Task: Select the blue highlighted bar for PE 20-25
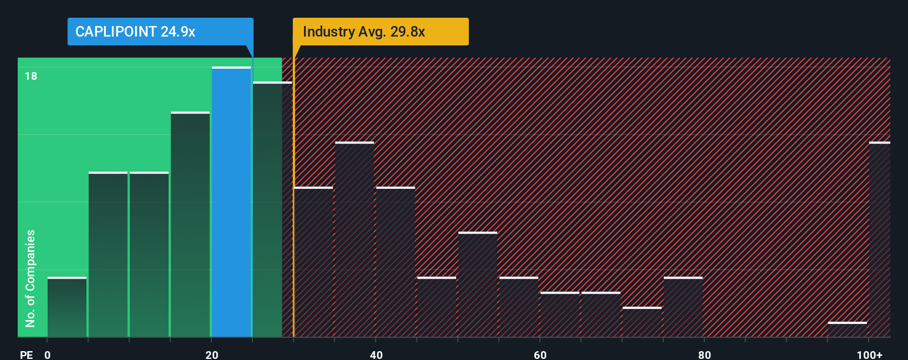point(231,202)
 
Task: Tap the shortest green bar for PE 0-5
point(67,307)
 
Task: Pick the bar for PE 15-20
point(190,224)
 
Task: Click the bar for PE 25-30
point(272,209)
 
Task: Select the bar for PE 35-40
point(354,239)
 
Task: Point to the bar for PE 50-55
point(478,284)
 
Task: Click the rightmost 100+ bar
point(879,239)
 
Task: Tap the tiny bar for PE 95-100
point(847,329)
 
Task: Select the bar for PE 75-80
point(683,307)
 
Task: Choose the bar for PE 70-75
point(642,322)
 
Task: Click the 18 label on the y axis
point(31,76)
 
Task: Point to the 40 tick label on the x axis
point(376,354)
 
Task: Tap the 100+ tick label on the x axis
point(869,354)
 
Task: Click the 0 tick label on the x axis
point(48,354)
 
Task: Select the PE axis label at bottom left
point(26,354)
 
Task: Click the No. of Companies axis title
point(30,278)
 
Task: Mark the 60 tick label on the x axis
point(540,354)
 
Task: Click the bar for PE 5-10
point(108,255)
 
